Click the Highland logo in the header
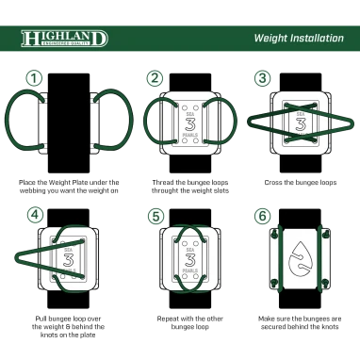[64, 40]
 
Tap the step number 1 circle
[35, 78]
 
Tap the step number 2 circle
[155, 78]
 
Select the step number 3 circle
[263, 78]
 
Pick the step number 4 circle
[36, 214]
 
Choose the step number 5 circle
[155, 215]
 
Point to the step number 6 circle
[263, 215]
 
